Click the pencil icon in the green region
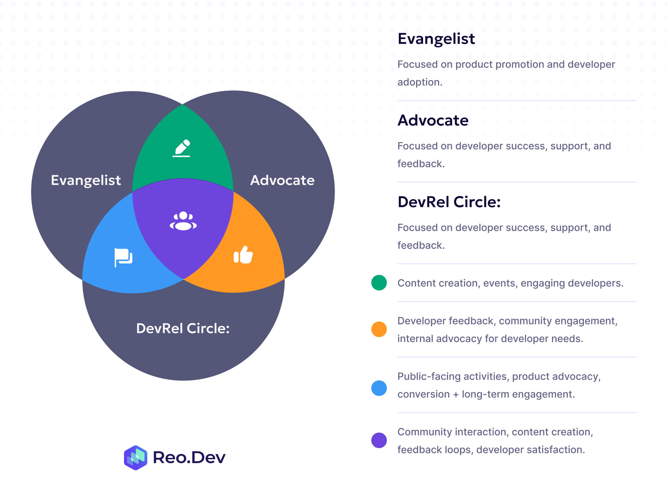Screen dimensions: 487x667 coord(181,148)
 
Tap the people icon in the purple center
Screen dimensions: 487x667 coord(183,221)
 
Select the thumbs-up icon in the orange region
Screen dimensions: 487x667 coord(243,255)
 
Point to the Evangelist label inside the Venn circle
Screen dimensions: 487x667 coord(86,180)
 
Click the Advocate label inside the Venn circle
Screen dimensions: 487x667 coord(282,180)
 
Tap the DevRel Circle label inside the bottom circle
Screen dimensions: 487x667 coord(183,328)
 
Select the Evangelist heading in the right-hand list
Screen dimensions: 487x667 coord(436,39)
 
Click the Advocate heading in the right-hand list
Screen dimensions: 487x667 coord(433,121)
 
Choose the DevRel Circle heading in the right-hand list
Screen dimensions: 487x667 coord(449,202)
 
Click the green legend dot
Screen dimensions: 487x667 coord(379,283)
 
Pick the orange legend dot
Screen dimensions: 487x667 coord(379,329)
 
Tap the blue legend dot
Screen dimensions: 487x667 coord(379,388)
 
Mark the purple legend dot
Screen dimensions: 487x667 coord(379,440)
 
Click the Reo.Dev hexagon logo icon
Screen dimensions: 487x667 coord(135,458)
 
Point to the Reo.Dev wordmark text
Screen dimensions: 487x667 coord(189,458)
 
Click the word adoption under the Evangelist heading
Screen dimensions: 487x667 coord(419,82)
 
